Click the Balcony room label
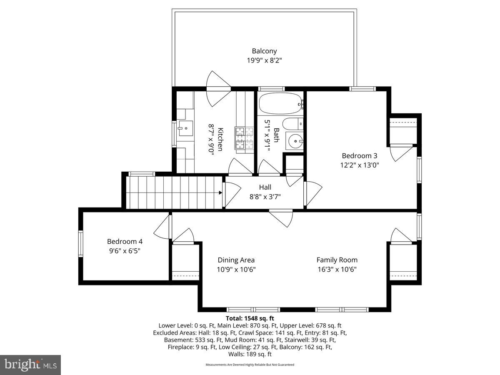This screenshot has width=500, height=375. (264, 51)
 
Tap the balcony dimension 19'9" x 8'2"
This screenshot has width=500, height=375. (264, 60)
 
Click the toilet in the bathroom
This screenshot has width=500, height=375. (291, 124)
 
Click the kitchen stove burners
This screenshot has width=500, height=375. (245, 138)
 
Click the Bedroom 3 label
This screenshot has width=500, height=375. (359, 156)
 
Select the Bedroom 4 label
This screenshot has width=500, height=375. (125, 242)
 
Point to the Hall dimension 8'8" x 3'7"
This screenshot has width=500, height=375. (265, 197)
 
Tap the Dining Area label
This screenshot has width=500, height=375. (236, 260)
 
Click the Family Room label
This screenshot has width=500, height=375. (337, 260)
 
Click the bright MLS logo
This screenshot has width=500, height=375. (30, 365)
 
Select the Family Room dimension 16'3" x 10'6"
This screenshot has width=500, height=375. (337, 269)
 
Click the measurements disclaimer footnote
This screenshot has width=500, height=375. (250, 365)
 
